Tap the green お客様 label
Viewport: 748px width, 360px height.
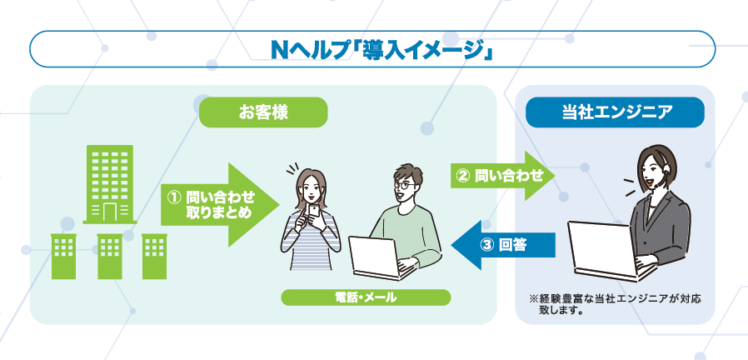click(x=262, y=112)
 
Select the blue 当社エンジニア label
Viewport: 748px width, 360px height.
click(x=616, y=112)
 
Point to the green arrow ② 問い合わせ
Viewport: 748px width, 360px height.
click(x=503, y=176)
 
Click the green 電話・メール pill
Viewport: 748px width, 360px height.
click(x=366, y=297)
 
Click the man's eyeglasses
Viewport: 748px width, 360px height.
click(x=404, y=182)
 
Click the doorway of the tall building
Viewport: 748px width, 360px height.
click(x=109, y=210)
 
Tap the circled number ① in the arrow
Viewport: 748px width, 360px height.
click(x=174, y=197)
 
